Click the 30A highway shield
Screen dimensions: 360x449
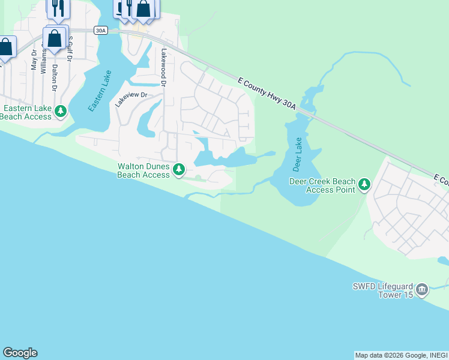pyautogui.click(x=100, y=31)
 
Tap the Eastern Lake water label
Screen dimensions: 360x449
pyautogui.click(x=100, y=91)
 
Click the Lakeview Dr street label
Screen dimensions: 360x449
pyautogui.click(x=131, y=99)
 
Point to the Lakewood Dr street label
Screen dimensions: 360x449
pyautogui.click(x=162, y=66)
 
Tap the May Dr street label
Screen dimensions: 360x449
pyautogui.click(x=34, y=62)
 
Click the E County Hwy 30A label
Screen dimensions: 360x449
pyautogui.click(x=267, y=93)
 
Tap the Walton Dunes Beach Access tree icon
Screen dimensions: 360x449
pyautogui.click(x=179, y=170)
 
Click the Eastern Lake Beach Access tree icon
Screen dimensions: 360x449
pyautogui.click(x=61, y=112)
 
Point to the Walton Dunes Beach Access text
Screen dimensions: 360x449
pyautogui.click(x=143, y=170)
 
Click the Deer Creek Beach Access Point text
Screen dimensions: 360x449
pyautogui.click(x=322, y=185)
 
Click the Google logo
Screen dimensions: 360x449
pyautogui.click(x=20, y=353)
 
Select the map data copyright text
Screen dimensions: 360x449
pyautogui.click(x=400, y=355)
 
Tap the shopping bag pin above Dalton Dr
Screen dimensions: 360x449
pyautogui.click(x=54, y=38)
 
